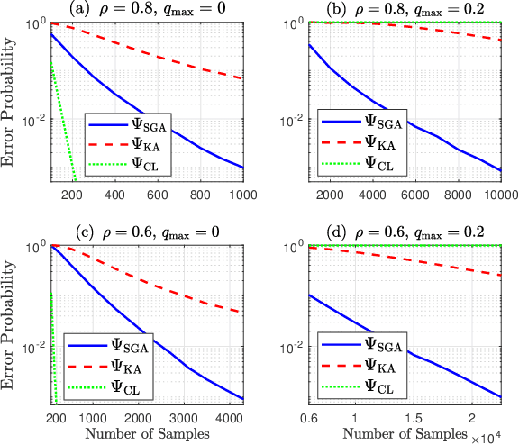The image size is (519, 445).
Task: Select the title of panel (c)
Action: pyautogui.click(x=161, y=230)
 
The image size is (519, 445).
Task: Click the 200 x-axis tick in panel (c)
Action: pyautogui.click(x=56, y=419)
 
